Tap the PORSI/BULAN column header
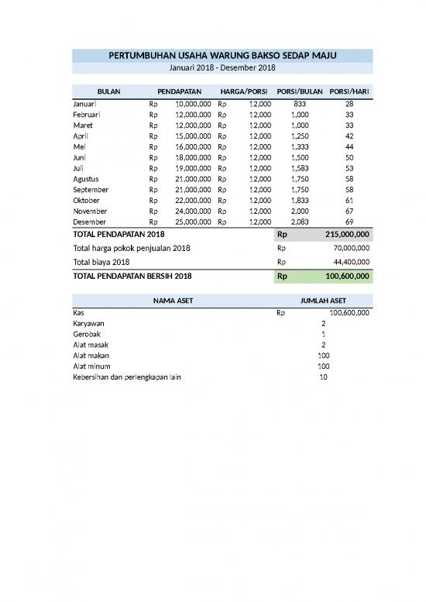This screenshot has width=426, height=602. click(299, 91)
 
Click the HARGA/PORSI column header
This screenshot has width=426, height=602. click(243, 91)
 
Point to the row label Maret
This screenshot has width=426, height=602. click(83, 125)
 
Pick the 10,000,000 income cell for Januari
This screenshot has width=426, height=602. click(193, 103)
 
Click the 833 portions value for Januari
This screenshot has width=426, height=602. click(300, 103)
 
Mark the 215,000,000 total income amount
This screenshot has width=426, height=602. click(347, 234)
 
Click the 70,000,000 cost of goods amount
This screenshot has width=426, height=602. click(350, 248)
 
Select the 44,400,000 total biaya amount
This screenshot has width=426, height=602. click(350, 262)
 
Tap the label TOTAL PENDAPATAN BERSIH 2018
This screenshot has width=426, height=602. click(132, 276)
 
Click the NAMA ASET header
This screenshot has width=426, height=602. click(173, 301)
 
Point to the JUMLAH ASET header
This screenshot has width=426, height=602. click(323, 301)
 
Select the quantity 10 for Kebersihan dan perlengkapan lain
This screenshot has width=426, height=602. click(323, 377)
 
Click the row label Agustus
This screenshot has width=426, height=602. click(86, 179)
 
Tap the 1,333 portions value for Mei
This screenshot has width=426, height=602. click(300, 146)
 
